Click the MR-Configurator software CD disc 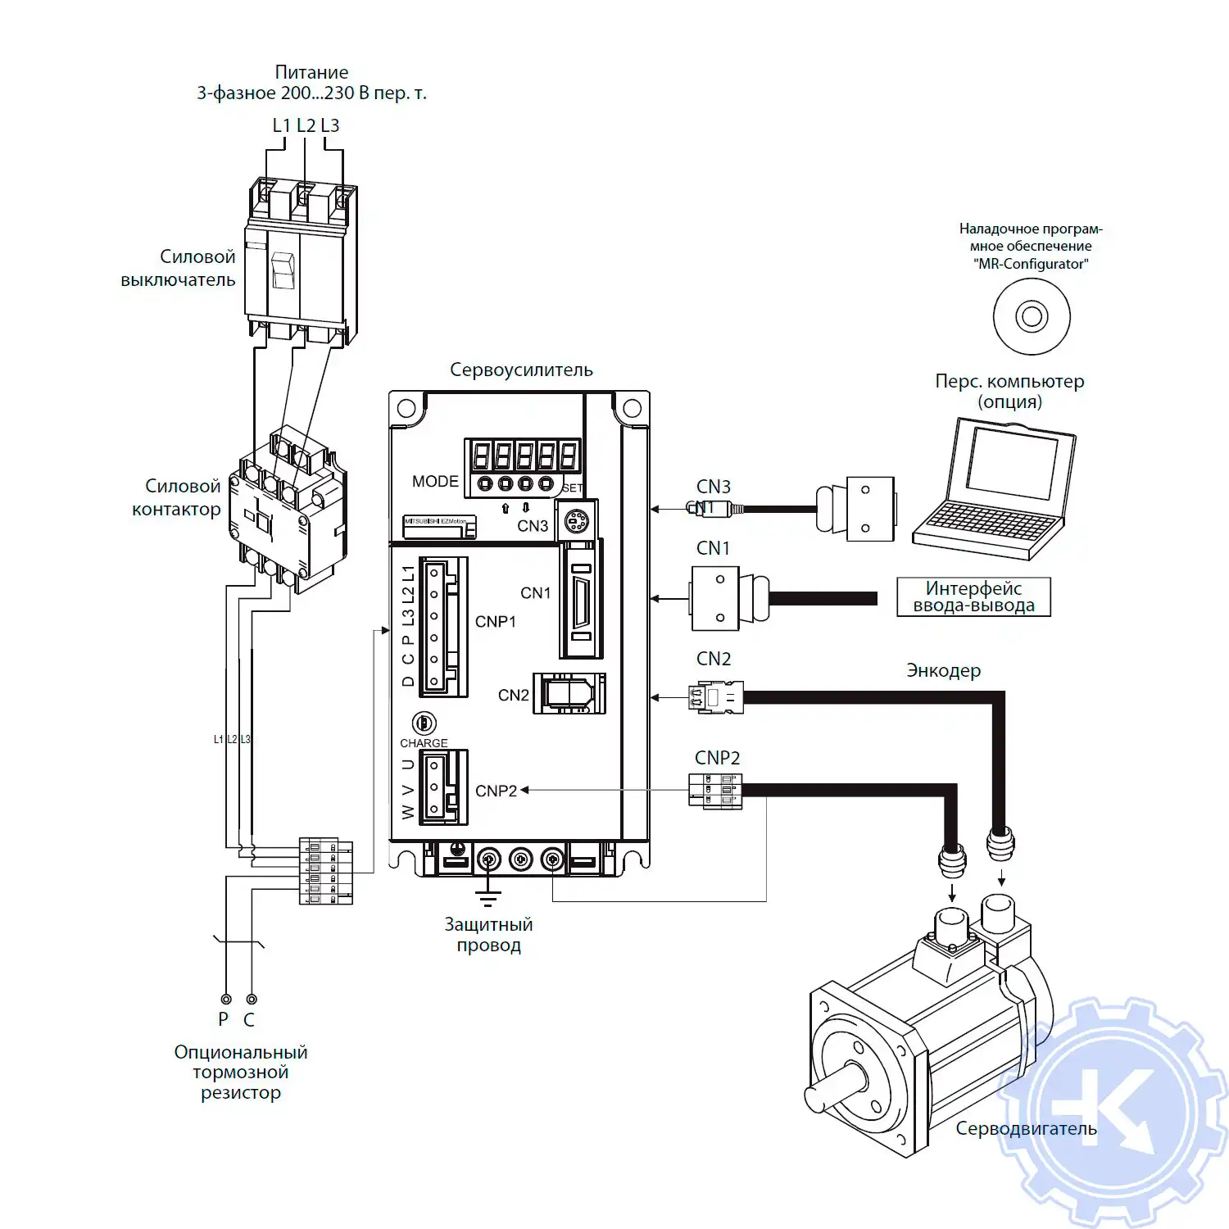1032,316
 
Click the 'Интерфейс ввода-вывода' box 973,597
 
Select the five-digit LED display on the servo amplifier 524,456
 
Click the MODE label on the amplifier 435,482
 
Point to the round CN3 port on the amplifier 576,521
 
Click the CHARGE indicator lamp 424,723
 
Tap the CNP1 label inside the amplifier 496,622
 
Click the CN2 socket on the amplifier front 569,694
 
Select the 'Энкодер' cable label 943,671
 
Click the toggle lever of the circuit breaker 283,270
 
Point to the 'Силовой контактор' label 177,497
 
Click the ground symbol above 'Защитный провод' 488,896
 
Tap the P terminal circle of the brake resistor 226,999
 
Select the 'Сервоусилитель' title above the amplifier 521,370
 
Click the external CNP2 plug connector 715,791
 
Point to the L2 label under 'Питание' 306,125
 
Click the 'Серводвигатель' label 1026,1129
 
